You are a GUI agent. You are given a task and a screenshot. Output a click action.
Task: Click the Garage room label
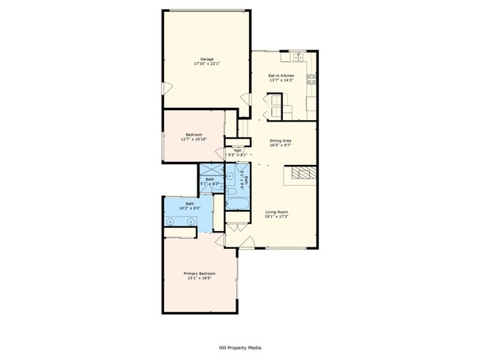206,58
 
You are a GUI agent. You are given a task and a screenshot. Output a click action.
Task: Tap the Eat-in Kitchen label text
281,76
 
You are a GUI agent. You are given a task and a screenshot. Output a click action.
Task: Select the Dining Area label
281,140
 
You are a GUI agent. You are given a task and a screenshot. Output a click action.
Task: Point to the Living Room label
277,212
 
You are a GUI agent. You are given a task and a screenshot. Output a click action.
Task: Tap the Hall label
238,151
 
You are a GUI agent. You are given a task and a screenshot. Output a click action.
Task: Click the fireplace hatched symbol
301,175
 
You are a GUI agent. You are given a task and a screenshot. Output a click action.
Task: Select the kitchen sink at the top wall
297,56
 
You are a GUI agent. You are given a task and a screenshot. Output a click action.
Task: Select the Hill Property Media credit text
240,348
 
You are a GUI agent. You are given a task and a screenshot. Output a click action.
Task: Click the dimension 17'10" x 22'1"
206,64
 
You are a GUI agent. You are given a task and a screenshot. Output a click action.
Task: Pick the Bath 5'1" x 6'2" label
211,181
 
